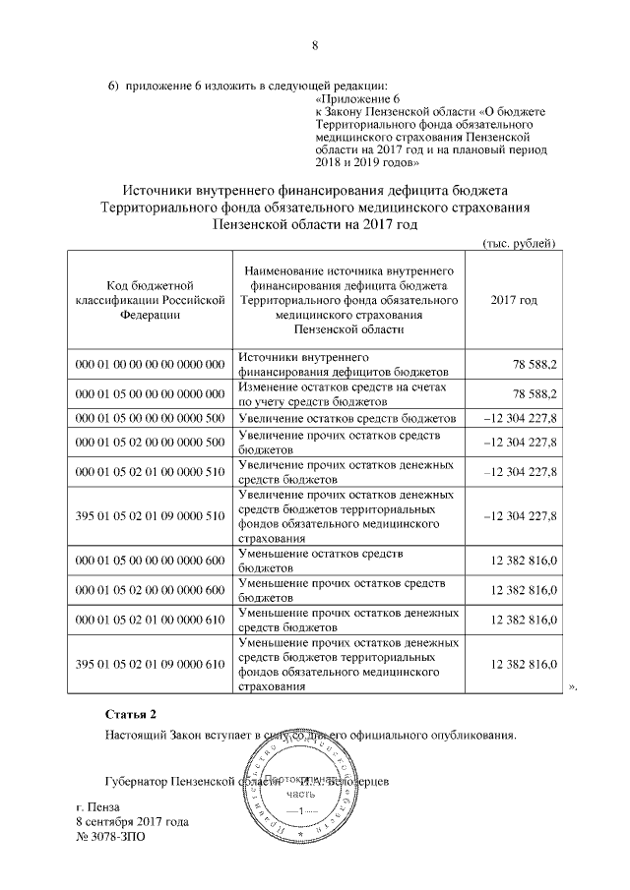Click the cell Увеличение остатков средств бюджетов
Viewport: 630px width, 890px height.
pos(346,418)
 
